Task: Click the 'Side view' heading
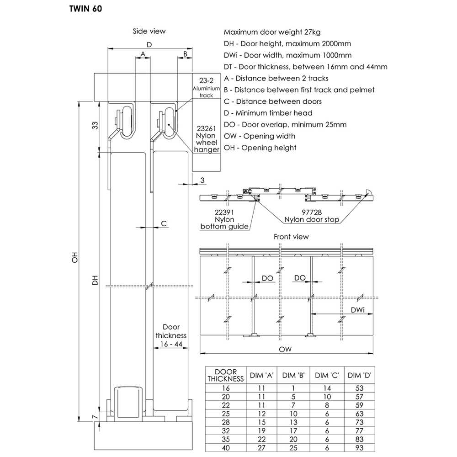pyautogui.click(x=149, y=31)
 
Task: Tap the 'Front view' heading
pyautogui.click(x=291, y=237)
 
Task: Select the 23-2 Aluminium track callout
pyautogui.click(x=203, y=87)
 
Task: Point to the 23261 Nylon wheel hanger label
pyautogui.click(x=207, y=139)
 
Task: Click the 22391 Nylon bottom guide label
pyautogui.click(x=225, y=219)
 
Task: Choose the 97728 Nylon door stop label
pyautogui.click(x=312, y=216)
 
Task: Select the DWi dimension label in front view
pyautogui.click(x=357, y=310)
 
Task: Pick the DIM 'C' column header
pyautogui.click(x=327, y=376)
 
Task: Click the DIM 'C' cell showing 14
pyautogui.click(x=327, y=388)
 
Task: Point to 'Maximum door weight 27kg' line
pyautogui.click(x=272, y=32)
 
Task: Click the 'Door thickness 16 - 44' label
pyautogui.click(x=171, y=335)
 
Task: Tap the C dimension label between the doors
pyautogui.click(x=164, y=223)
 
